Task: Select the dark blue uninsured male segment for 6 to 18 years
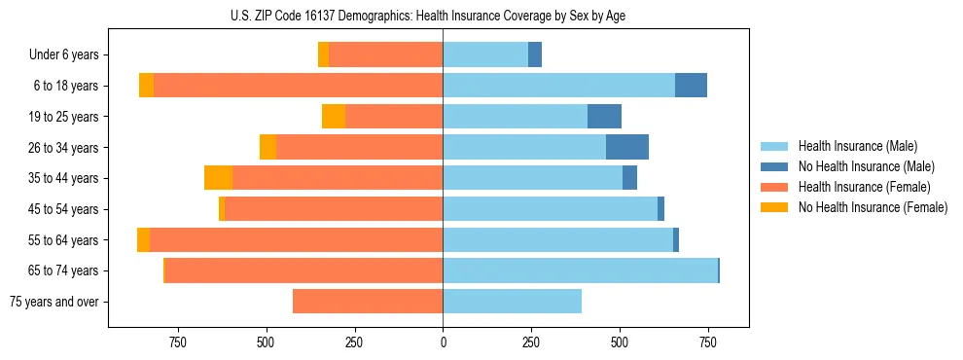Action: (x=691, y=86)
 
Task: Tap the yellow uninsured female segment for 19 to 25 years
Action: (x=334, y=117)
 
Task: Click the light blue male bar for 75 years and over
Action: (x=512, y=302)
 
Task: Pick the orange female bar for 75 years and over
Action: (x=368, y=302)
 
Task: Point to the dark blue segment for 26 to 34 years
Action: (x=627, y=147)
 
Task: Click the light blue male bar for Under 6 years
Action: (x=485, y=54)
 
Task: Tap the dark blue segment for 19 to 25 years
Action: (x=604, y=117)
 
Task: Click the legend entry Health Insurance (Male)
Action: (x=852, y=146)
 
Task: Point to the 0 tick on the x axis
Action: (x=443, y=342)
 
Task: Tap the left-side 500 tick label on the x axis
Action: (x=266, y=342)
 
